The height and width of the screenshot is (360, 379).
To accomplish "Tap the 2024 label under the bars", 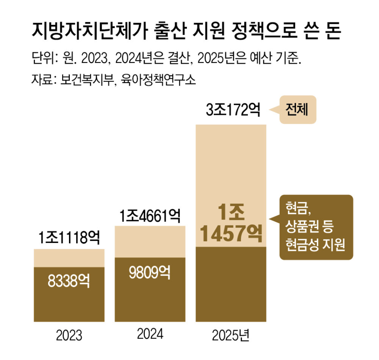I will tap(150, 334).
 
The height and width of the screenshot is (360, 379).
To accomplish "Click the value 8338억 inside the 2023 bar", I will tap(69, 281).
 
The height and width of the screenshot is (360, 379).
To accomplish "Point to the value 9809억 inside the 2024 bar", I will tap(150, 272).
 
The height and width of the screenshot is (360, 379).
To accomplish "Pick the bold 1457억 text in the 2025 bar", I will tap(231, 235).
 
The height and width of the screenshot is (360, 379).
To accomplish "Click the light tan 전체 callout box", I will tap(298, 110).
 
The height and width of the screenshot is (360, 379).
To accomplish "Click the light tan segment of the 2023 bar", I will tap(69, 258).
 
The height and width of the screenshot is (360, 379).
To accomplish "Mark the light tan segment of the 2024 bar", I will tap(150, 242).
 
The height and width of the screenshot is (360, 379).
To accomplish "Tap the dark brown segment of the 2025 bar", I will tap(231, 284).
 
